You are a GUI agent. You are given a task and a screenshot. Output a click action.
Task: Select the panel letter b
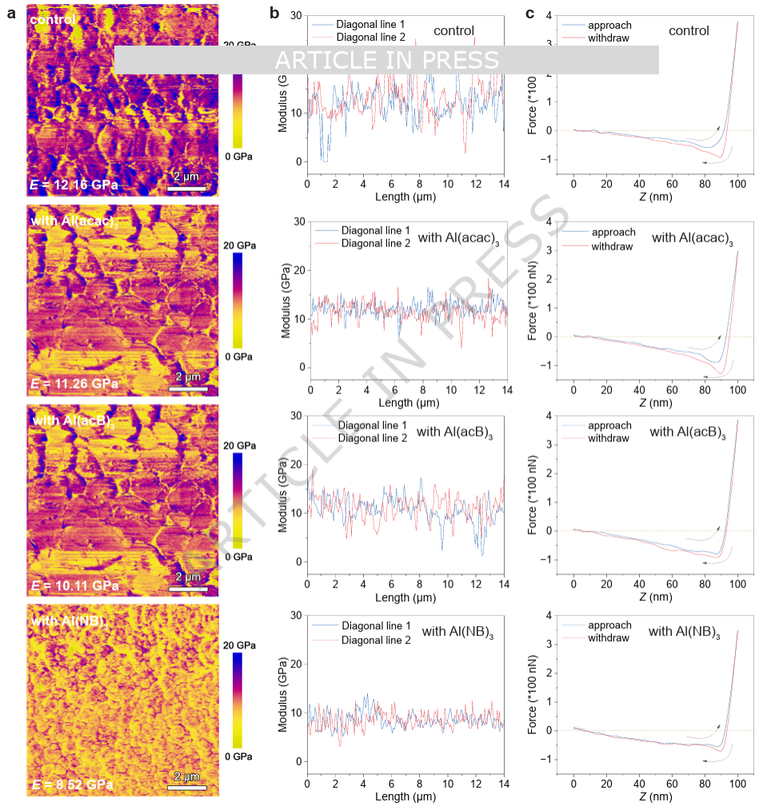[x=274, y=14]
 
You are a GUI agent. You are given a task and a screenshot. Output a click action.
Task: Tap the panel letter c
[x=529, y=14]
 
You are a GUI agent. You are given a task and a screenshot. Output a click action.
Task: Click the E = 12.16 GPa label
[x=74, y=186]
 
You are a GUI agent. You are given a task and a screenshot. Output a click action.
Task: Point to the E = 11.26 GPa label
[x=74, y=384]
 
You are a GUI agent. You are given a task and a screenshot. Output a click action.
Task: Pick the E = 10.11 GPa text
[x=74, y=585]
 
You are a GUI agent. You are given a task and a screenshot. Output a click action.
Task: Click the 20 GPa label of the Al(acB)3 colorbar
[x=240, y=445]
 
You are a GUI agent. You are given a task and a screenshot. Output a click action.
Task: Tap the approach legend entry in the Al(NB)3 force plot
[x=609, y=625]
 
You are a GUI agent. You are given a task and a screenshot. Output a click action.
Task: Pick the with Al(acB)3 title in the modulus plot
[x=455, y=433]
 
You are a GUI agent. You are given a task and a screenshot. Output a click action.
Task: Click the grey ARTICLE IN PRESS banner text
[x=386, y=60]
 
